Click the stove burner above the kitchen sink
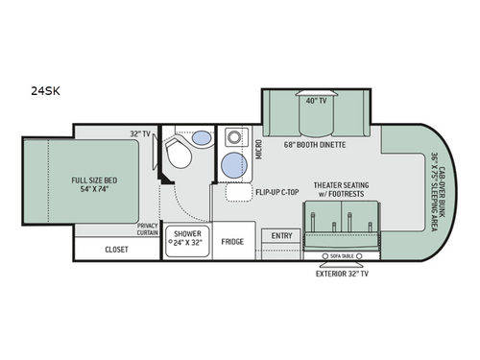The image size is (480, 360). (234, 139)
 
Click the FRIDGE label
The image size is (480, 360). (231, 241)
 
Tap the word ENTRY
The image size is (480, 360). (282, 235)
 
